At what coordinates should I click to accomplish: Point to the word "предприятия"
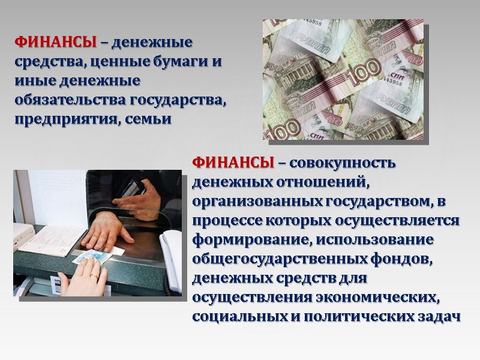(61, 119)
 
